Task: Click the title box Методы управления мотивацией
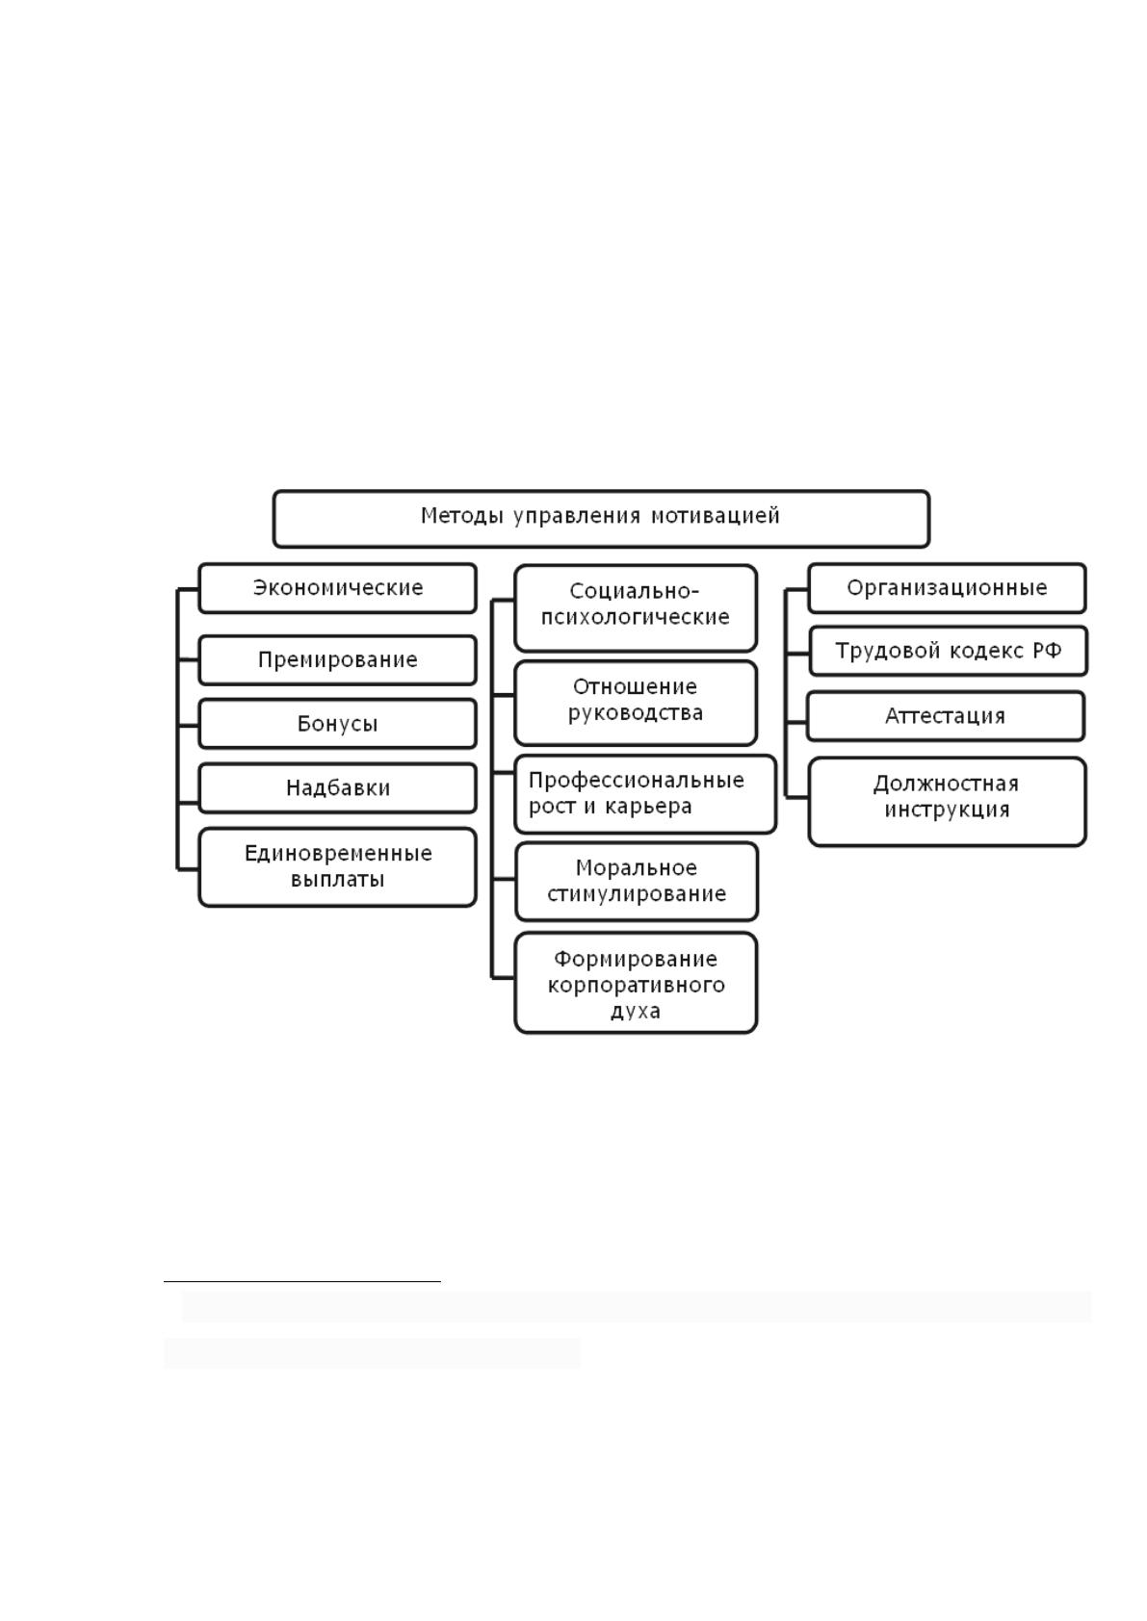click(601, 518)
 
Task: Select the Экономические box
click(337, 587)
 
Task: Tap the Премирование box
click(337, 659)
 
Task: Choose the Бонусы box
click(337, 723)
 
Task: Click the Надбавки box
click(337, 787)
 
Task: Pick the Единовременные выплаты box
click(337, 867)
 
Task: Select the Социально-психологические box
click(636, 608)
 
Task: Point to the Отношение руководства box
click(636, 702)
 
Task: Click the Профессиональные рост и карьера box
click(645, 794)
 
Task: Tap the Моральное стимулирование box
click(637, 881)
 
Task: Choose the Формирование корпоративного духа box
click(636, 982)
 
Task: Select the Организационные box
click(947, 587)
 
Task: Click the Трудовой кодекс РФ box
click(948, 651)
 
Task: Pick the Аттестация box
click(946, 716)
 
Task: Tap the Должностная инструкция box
click(947, 801)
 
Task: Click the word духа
click(635, 1010)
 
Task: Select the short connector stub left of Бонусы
click(188, 725)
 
